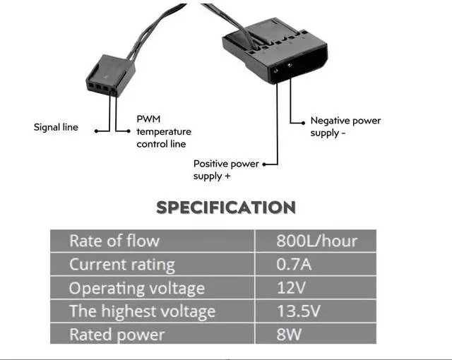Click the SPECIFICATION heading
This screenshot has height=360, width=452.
225,208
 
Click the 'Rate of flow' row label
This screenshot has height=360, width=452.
114,241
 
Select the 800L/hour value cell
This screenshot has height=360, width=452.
316,241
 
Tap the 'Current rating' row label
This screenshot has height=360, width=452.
121,265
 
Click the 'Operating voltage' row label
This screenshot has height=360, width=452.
136,288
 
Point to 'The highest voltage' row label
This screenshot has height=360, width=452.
142,311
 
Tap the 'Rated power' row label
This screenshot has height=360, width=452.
117,334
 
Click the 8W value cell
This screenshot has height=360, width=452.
290,334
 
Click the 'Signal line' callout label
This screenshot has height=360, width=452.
56,128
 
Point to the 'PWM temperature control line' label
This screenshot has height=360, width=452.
163,132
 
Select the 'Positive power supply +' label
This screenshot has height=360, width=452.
226,169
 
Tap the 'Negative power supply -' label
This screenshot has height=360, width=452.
345,126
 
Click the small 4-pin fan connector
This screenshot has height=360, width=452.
109,76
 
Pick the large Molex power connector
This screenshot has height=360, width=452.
276,51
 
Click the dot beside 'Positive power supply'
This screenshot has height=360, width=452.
265,164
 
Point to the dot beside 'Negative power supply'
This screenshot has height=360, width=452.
304,121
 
